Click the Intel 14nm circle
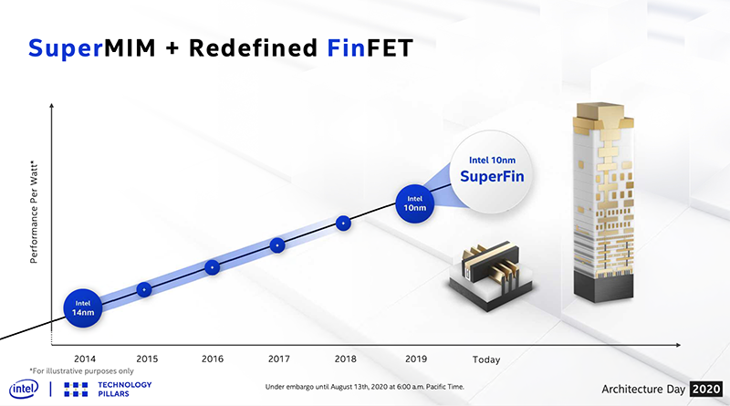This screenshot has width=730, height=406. pyautogui.click(x=83, y=307)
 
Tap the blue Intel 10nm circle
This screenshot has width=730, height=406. pyautogui.click(x=414, y=203)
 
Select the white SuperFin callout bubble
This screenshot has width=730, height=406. pyautogui.click(x=492, y=172)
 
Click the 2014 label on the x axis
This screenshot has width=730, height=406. pyautogui.click(x=85, y=359)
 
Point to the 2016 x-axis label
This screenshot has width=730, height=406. pyautogui.click(x=213, y=359)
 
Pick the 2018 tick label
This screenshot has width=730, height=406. pyautogui.click(x=346, y=359)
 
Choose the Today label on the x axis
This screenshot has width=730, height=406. pyautogui.click(x=486, y=359)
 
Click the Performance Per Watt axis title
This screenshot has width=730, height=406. pyautogui.click(x=34, y=212)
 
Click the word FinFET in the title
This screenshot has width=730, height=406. pyautogui.click(x=370, y=48)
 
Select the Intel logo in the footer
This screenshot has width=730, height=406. pyautogui.click(x=24, y=389)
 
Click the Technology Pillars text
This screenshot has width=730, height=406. pyautogui.click(x=125, y=390)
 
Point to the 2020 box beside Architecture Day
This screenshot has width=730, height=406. pyautogui.click(x=706, y=389)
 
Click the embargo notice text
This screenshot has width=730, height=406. pyautogui.click(x=364, y=387)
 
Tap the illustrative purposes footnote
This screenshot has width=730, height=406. pyautogui.click(x=81, y=371)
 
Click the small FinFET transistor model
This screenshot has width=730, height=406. pyautogui.click(x=491, y=276)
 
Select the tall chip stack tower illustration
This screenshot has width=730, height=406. pyautogui.click(x=603, y=203)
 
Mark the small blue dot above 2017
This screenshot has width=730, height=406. pyautogui.click(x=277, y=245)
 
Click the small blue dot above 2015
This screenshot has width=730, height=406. pyautogui.click(x=144, y=289)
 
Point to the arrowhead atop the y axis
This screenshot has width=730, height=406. pyautogui.click(x=51, y=106)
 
